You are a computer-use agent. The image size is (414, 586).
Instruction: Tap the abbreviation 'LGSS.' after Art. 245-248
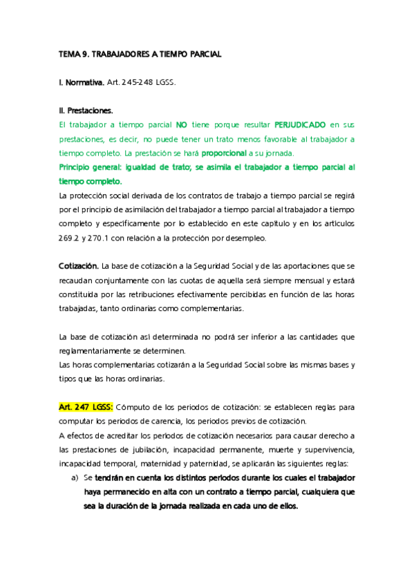click(166, 83)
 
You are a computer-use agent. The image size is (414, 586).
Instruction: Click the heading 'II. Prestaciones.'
click(86, 110)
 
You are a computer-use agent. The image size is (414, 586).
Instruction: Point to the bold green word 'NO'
click(181, 125)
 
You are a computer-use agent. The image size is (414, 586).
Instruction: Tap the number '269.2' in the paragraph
click(70, 238)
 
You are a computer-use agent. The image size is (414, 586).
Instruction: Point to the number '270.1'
click(104, 238)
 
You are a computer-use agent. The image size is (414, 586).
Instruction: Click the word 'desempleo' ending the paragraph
click(255, 238)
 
